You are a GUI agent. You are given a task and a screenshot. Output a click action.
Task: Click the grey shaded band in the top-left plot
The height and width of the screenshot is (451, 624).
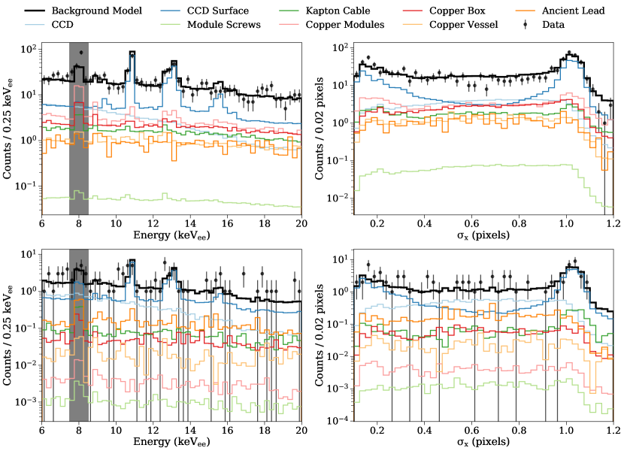click(x=79, y=128)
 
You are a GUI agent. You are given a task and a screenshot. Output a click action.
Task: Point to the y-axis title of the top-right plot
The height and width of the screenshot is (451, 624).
click(x=320, y=129)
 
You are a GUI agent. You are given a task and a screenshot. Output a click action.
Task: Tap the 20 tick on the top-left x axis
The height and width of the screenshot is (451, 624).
click(x=301, y=223)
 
